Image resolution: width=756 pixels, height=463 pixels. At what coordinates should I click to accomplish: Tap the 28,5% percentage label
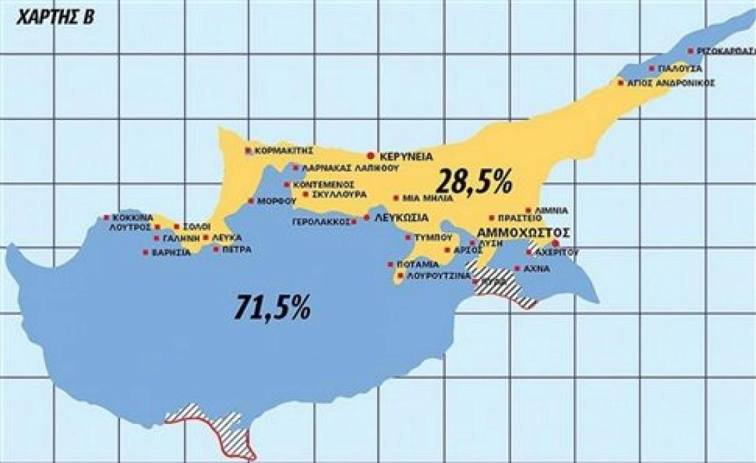474,182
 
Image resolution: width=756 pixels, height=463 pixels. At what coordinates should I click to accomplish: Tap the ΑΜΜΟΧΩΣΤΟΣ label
524,232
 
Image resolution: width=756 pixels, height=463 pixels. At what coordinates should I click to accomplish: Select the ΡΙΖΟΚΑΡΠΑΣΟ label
725,51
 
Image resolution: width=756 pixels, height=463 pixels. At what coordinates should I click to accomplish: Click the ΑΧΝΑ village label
536,268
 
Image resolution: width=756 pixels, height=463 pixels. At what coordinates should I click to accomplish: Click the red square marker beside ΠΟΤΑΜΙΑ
390,264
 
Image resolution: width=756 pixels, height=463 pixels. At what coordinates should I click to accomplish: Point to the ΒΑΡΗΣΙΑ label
171,252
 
